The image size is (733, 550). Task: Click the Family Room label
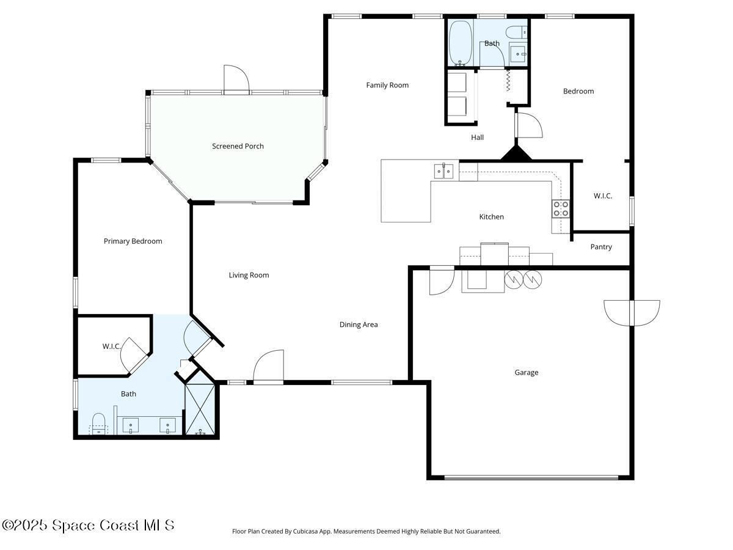pyautogui.click(x=387, y=85)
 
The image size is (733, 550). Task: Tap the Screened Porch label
pyautogui.click(x=238, y=146)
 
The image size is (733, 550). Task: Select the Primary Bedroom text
pyautogui.click(x=133, y=241)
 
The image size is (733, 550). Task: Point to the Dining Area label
pyautogui.click(x=359, y=324)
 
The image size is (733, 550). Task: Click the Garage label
pyautogui.click(x=526, y=372)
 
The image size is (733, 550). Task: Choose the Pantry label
pyautogui.click(x=601, y=247)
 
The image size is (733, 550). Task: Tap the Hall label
pyautogui.click(x=477, y=137)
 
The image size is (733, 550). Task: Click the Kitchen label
pyautogui.click(x=491, y=217)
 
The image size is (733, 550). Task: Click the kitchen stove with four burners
pyautogui.click(x=561, y=209)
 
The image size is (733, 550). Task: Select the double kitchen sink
pyautogui.click(x=444, y=172)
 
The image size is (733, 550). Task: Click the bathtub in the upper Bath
pyautogui.click(x=460, y=43)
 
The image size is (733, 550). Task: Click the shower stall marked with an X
pyautogui.click(x=200, y=408)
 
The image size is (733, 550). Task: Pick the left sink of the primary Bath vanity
pyautogui.click(x=131, y=425)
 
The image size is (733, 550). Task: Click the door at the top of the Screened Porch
pyautogui.click(x=236, y=80)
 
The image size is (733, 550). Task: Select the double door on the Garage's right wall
pyautogui.click(x=632, y=312)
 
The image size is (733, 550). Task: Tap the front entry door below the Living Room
pyautogui.click(x=269, y=368)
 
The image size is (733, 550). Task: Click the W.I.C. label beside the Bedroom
pyautogui.click(x=602, y=196)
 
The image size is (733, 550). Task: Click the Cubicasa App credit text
pyautogui.click(x=366, y=531)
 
